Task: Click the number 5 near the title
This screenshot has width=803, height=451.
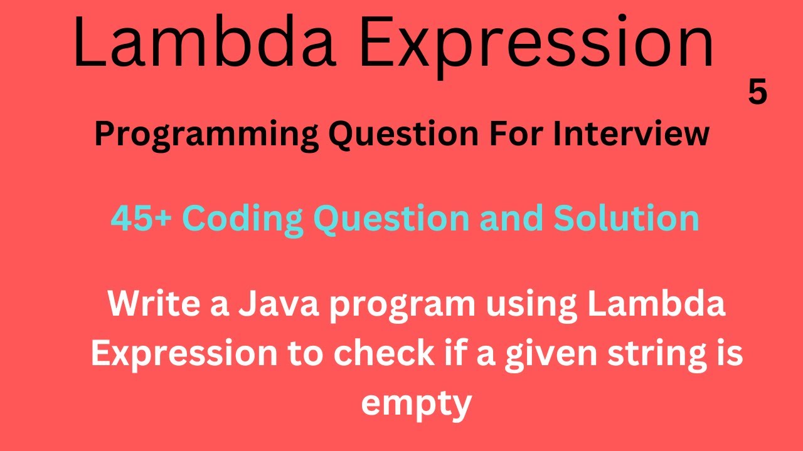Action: pyautogui.click(x=757, y=93)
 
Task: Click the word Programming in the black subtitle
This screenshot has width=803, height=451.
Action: pyautogui.click(x=206, y=135)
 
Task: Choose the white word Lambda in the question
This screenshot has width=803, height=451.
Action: pyautogui.click(x=664, y=305)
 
